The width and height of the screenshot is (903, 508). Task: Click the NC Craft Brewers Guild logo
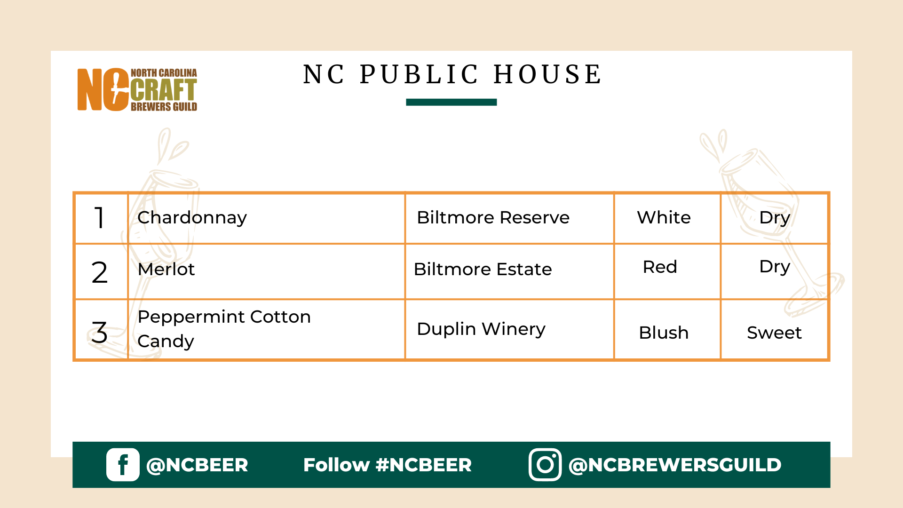coord(137,89)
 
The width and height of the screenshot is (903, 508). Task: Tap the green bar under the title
coord(451,102)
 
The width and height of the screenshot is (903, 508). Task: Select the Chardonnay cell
coord(266,218)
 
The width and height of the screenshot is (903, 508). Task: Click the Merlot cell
coord(266,271)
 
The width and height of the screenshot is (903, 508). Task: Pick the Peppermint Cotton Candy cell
coord(266,329)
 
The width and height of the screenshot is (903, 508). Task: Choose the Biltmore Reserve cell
coord(509,218)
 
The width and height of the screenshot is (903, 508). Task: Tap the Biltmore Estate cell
coord(509,271)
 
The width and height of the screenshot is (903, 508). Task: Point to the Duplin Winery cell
coord(509,329)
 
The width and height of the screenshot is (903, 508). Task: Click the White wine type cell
coord(667,218)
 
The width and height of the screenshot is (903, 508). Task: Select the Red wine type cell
coord(667,271)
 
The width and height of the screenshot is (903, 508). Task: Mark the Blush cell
coord(667,329)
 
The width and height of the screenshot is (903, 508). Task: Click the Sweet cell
coord(774,329)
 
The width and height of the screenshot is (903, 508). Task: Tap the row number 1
coord(99,218)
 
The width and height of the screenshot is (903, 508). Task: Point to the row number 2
coord(99,272)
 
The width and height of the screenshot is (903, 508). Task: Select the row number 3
coord(99,332)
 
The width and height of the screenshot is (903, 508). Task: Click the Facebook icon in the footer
coord(123,465)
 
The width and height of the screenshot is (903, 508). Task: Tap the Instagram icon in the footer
coord(545,465)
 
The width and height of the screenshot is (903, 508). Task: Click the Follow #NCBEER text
coord(388,465)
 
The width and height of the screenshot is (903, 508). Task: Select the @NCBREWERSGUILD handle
coord(675,465)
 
